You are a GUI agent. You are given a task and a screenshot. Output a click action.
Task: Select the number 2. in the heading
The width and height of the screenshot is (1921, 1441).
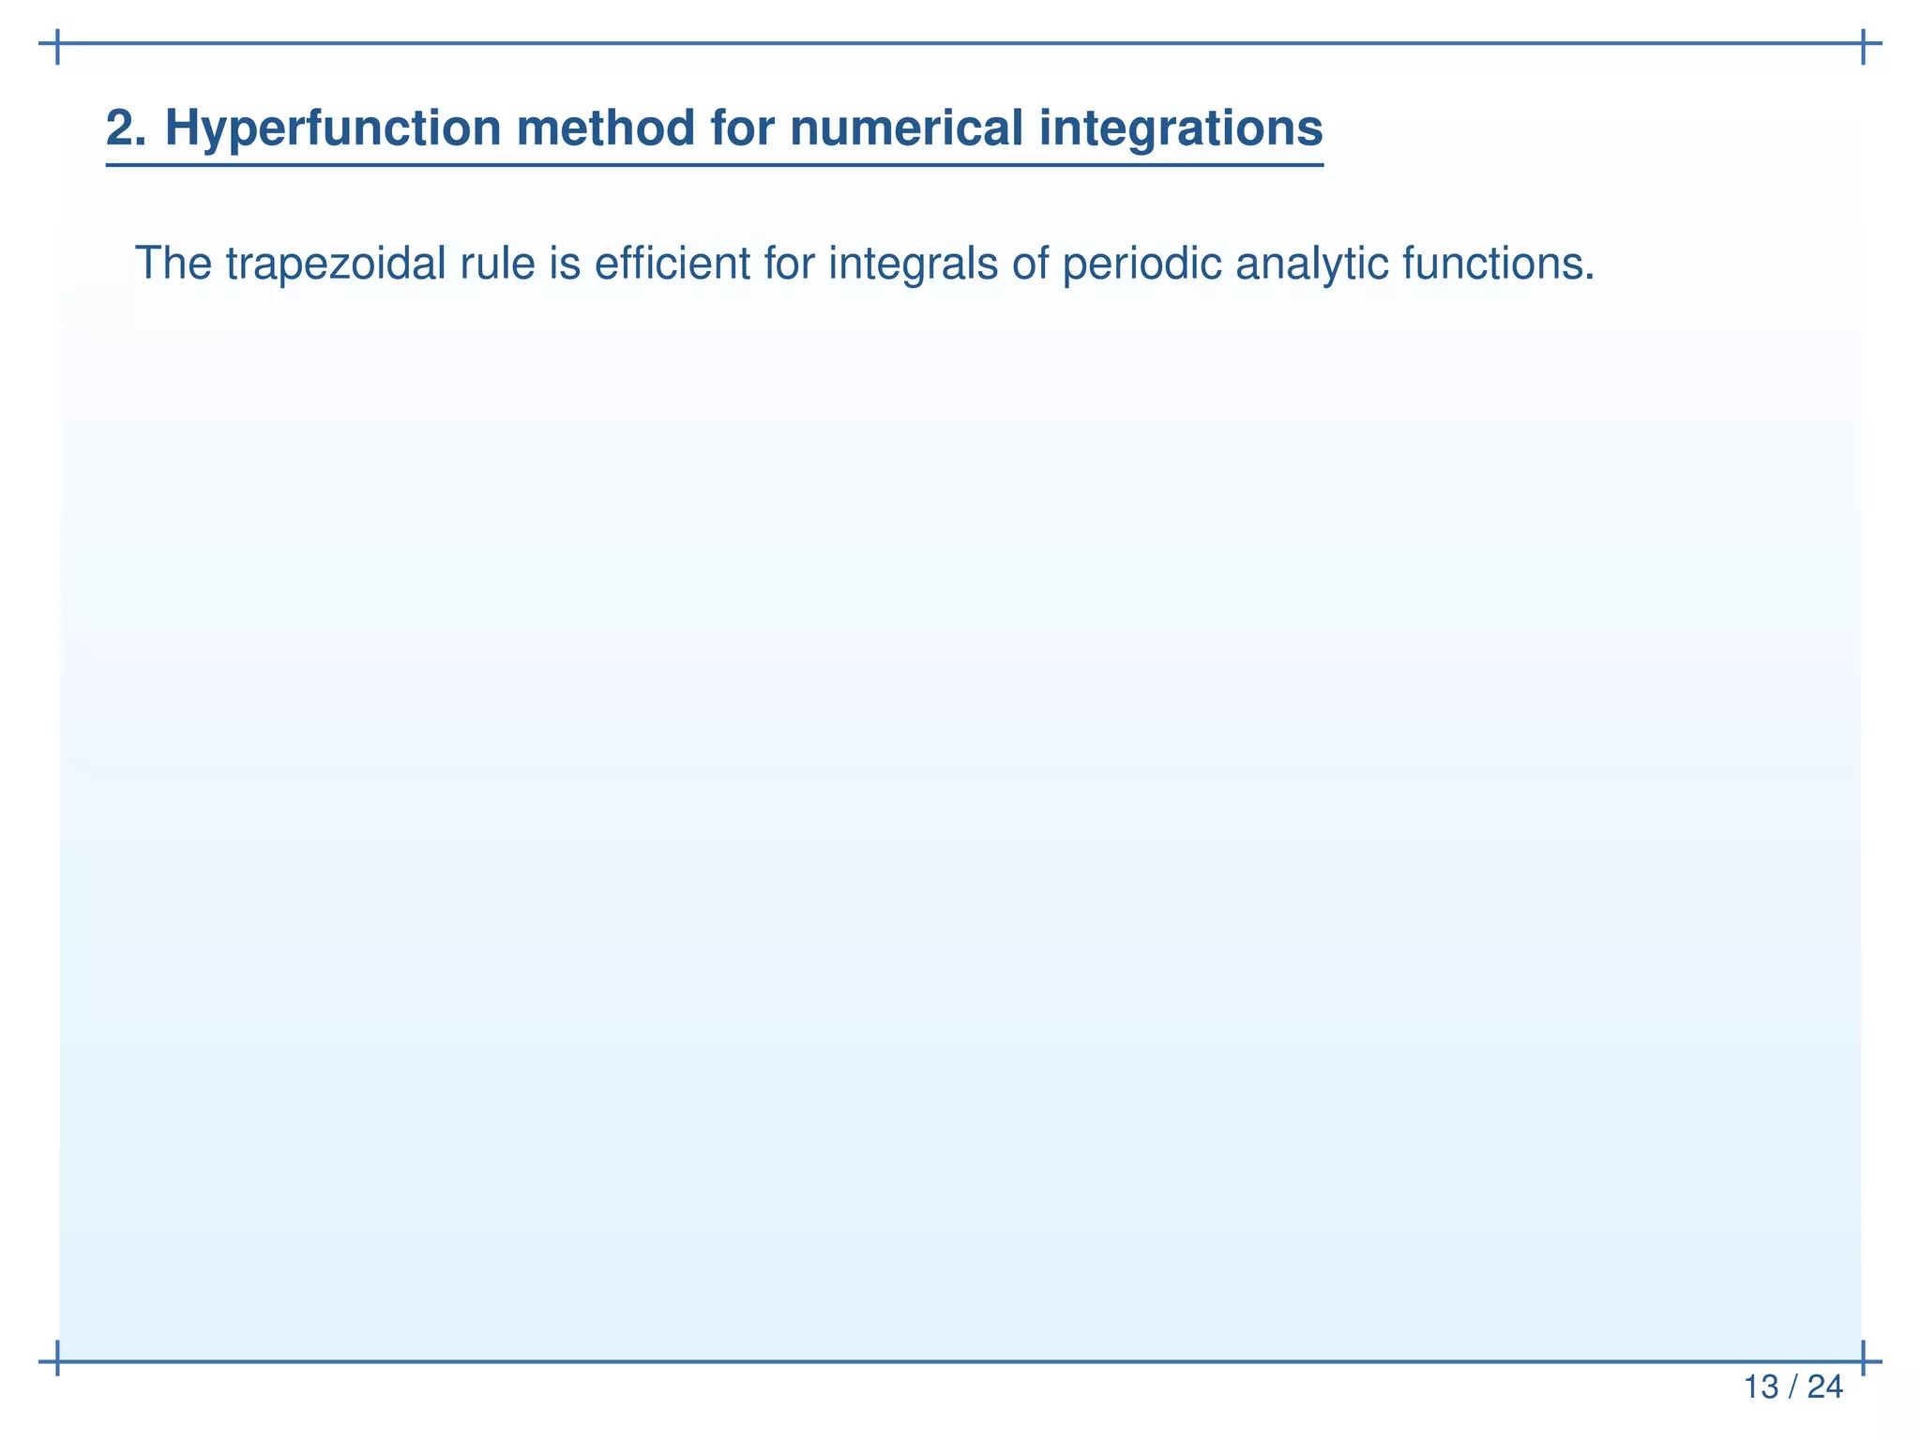[126, 128]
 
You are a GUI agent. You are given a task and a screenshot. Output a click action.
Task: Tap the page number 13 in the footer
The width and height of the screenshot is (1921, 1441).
[1761, 1387]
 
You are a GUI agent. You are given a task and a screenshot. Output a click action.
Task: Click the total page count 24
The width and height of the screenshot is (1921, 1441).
[1824, 1387]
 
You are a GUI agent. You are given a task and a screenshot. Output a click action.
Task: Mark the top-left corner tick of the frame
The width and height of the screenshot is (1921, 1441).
[58, 44]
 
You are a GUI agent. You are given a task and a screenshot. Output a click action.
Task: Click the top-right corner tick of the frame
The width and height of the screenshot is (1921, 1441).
[1862, 44]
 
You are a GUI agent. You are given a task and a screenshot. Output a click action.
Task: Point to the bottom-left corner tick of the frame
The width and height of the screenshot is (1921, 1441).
[58, 1359]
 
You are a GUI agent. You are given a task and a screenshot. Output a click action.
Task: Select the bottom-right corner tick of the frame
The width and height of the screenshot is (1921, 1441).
[1862, 1359]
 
